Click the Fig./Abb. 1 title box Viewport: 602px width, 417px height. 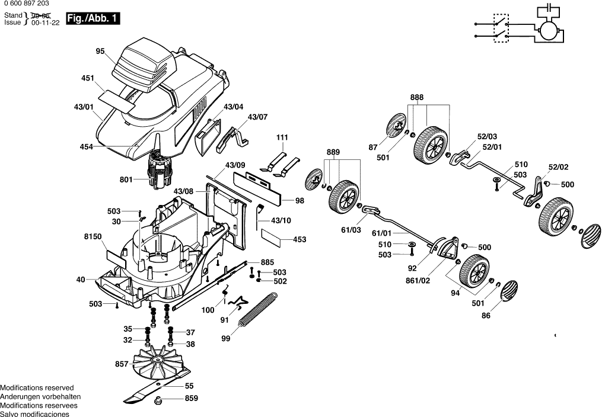pos(93,18)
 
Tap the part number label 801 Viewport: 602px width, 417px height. pos(126,179)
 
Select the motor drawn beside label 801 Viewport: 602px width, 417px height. pos(158,169)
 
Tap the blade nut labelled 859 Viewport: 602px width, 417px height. pos(157,401)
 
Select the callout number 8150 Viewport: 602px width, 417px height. pos(93,236)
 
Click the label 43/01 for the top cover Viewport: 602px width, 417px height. pos(84,107)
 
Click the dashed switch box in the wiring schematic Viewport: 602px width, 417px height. pos(501,28)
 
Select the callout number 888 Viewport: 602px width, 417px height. pos(416,97)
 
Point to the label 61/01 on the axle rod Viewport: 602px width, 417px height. pos(381,233)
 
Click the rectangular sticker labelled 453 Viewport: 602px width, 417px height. pos(272,238)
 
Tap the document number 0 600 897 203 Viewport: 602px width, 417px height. pos(27,4)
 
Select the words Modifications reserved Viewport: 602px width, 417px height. pos(37,388)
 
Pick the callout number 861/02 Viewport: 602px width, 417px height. pos(418,281)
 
